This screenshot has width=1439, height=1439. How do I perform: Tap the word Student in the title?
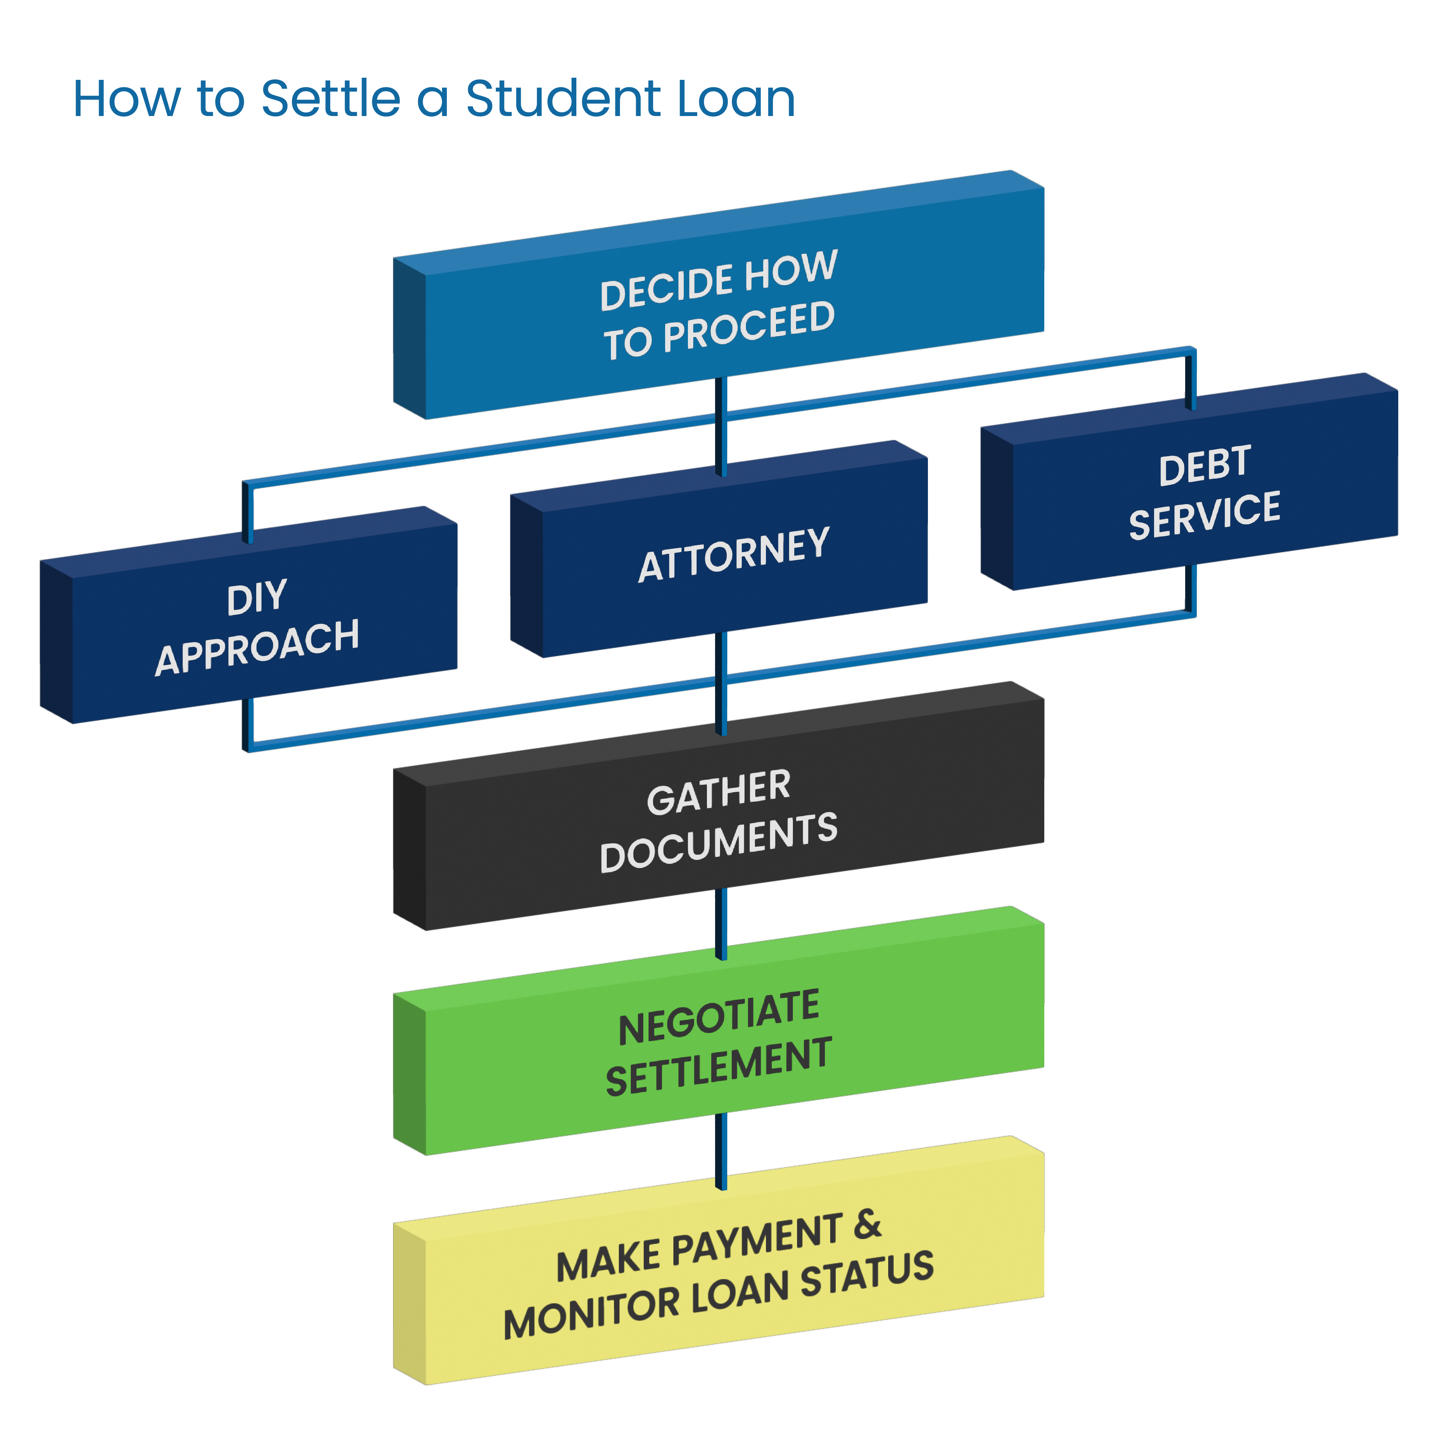tap(563, 99)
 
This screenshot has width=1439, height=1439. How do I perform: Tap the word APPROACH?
tap(257, 646)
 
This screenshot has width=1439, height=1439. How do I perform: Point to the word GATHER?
tap(719, 793)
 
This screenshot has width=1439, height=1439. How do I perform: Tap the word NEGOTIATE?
tap(719, 1017)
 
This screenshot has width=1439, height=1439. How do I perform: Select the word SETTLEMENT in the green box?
tap(719, 1067)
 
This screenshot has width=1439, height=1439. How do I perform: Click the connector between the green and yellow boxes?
tap(720, 1151)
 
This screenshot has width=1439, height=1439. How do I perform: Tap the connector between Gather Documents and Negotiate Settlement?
tap(720, 923)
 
